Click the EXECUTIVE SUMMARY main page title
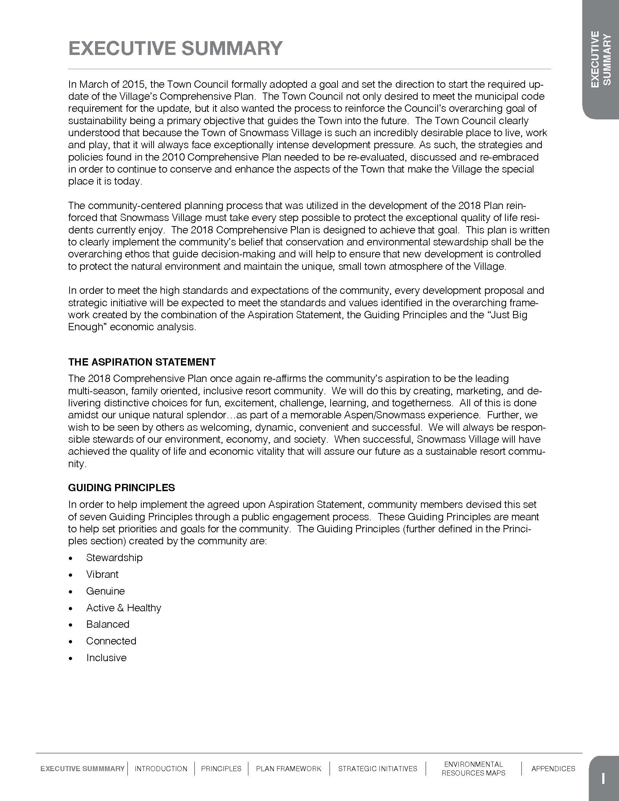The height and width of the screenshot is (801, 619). pyautogui.click(x=175, y=48)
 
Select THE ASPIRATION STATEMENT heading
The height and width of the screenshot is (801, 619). pyautogui.click(x=142, y=362)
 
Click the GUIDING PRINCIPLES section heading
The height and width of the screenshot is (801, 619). pyautogui.click(x=121, y=488)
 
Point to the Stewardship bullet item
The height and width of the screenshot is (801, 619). pyautogui.click(x=114, y=558)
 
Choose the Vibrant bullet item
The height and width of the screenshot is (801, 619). pyautogui.click(x=102, y=574)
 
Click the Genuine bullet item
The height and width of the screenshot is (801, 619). pyautogui.click(x=105, y=591)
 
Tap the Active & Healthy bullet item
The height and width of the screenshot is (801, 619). pyautogui.click(x=123, y=608)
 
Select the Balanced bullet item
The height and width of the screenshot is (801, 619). pyautogui.click(x=107, y=624)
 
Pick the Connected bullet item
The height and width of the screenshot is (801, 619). pyautogui.click(x=111, y=641)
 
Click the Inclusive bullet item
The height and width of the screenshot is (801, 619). pyautogui.click(x=106, y=658)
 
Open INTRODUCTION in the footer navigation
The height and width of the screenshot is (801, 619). pyautogui.click(x=161, y=769)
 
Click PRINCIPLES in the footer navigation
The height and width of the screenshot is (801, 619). pyautogui.click(x=221, y=769)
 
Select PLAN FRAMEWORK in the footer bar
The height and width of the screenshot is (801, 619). pyautogui.click(x=289, y=769)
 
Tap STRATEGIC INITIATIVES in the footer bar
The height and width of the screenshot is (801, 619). pyautogui.click(x=377, y=769)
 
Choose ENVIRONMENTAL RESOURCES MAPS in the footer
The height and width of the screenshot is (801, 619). pyautogui.click(x=473, y=769)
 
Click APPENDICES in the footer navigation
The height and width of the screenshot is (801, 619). pyautogui.click(x=553, y=769)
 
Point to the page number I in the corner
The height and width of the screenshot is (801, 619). pyautogui.click(x=603, y=778)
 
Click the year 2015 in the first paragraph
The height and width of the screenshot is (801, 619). pyautogui.click(x=134, y=84)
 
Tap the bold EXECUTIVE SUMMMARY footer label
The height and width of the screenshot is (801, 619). pyautogui.click(x=83, y=769)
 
